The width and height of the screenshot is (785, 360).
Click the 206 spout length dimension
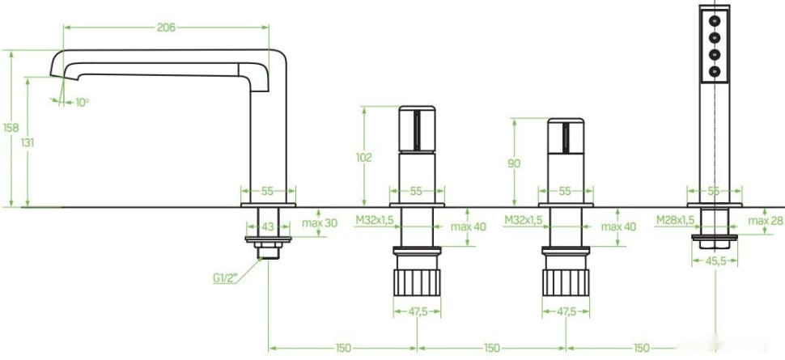pos(166,28)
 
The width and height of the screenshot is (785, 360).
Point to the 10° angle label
pos(81,102)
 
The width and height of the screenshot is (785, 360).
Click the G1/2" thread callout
pos(224,279)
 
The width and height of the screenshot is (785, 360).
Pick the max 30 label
pos(320,223)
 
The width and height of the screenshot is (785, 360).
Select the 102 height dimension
pos(363,158)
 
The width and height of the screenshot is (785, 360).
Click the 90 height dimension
pos(513,163)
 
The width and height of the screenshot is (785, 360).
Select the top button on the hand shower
pos(715,19)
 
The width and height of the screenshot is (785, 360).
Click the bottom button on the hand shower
pos(715,72)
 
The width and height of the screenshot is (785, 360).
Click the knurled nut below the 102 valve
pos(418,281)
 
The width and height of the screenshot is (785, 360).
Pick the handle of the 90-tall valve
pos(565,138)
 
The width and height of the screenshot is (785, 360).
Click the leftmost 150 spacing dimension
pos(342,348)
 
